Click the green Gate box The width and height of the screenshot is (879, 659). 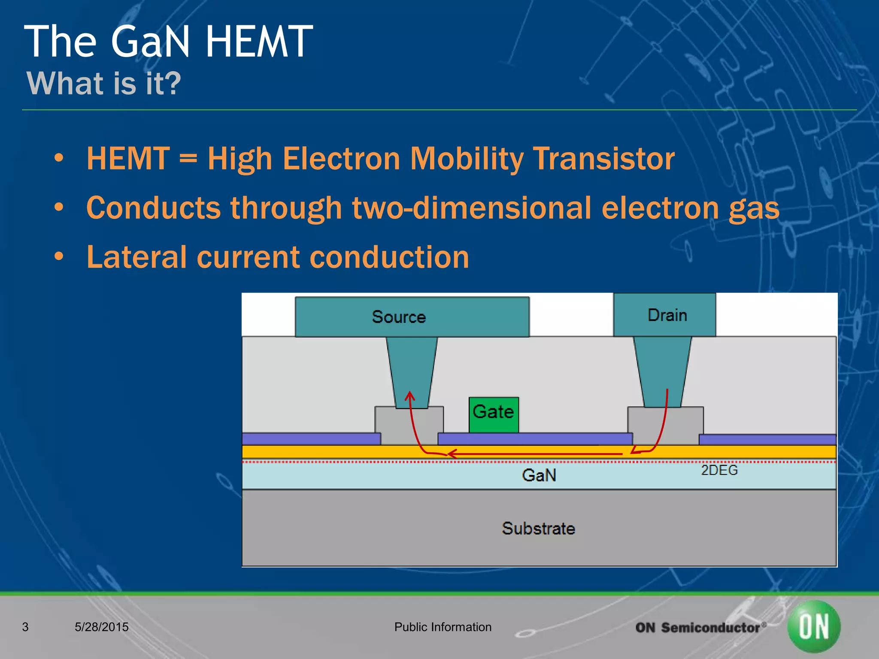[494, 414]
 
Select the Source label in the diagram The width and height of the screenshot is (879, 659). [399, 317]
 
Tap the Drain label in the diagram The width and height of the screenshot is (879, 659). [667, 315]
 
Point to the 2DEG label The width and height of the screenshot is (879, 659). [719, 470]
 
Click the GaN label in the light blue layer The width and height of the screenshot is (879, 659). [539, 475]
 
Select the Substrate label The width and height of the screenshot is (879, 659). [538, 529]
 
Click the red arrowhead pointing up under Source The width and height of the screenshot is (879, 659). [410, 395]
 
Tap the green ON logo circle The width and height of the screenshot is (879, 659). [814, 627]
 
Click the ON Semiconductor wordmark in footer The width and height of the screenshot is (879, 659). [699, 628]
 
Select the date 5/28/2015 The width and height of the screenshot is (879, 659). [102, 627]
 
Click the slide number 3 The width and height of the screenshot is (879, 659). [25, 627]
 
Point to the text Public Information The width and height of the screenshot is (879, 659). [443, 627]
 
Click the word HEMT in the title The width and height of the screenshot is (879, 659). [259, 42]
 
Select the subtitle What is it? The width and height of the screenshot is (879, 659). [104, 83]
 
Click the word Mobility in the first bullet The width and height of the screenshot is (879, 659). [466, 159]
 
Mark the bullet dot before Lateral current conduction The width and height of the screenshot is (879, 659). [59, 257]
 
